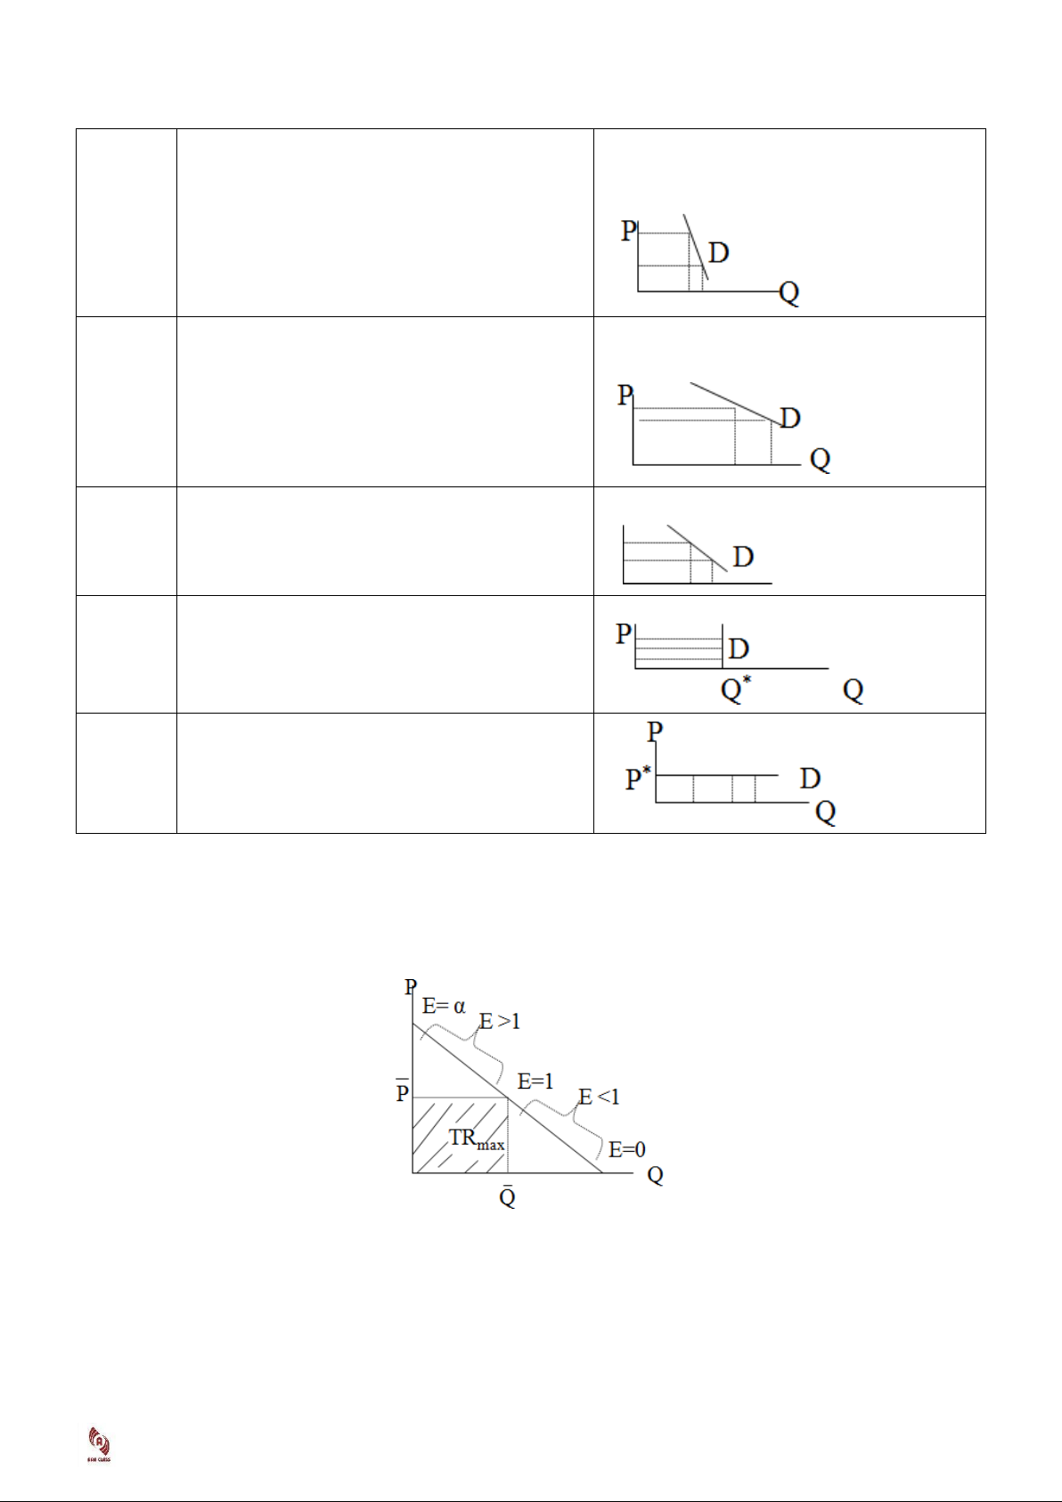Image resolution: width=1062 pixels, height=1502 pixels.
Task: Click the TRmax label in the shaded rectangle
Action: (x=476, y=1139)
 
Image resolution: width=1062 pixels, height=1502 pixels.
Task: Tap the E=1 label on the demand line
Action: (x=535, y=1082)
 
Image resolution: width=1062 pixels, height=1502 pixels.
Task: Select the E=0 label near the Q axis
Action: (x=627, y=1150)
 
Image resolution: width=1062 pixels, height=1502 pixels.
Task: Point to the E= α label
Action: (x=444, y=1007)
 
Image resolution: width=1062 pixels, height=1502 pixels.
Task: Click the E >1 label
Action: (x=500, y=1021)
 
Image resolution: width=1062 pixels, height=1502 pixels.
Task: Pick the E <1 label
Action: (x=599, y=1097)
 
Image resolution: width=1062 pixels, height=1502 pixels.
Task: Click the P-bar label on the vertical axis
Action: (x=403, y=1091)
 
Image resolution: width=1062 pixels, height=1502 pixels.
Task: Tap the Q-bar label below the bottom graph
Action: (x=507, y=1196)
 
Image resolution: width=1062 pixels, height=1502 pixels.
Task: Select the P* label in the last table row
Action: (x=638, y=778)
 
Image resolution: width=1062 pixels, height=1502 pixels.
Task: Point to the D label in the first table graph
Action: (x=719, y=253)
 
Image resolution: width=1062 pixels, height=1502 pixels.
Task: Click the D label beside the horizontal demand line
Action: (x=810, y=778)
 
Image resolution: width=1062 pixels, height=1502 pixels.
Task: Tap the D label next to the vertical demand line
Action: (x=739, y=649)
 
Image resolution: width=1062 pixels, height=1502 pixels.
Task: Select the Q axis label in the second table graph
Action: (x=820, y=460)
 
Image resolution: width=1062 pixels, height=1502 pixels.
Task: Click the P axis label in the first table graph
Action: (x=628, y=231)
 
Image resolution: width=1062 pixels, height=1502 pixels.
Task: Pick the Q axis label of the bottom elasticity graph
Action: (x=655, y=1176)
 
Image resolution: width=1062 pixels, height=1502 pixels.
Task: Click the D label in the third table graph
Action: (x=743, y=557)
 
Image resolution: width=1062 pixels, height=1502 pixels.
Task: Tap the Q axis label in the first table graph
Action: (x=789, y=292)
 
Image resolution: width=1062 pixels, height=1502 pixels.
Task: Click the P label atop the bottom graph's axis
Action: (x=411, y=987)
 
